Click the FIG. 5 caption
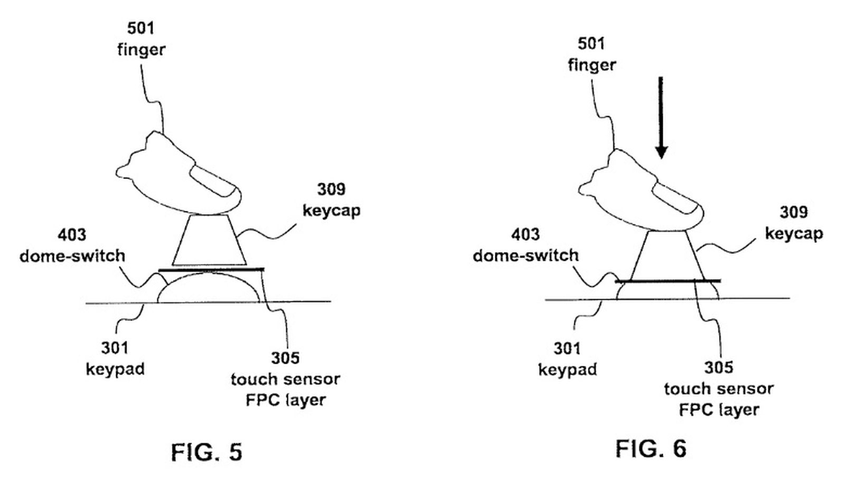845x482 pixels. [206, 452]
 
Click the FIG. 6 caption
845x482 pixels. [651, 449]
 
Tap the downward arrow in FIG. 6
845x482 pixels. [661, 119]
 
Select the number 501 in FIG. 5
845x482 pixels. [140, 28]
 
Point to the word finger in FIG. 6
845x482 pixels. [591, 65]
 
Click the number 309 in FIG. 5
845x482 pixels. [331, 189]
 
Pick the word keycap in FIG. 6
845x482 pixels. [794, 233]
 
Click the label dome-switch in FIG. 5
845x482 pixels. [72, 256]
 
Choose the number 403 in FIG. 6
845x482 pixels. [525, 234]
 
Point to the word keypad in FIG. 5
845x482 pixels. [115, 369]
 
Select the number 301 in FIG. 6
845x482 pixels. [567, 348]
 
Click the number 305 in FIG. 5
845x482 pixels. [285, 358]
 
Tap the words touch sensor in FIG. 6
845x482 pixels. [718, 389]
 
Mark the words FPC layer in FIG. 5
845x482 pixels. [285, 400]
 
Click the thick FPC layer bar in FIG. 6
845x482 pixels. [668, 281]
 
